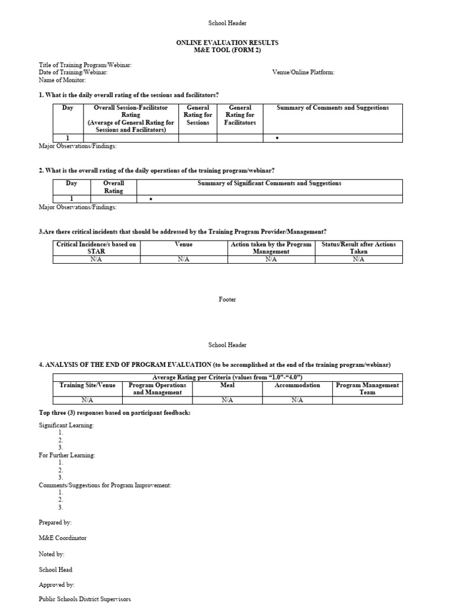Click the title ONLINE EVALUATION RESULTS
pyautogui.click(x=227, y=43)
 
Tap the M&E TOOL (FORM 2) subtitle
pyautogui.click(x=227, y=50)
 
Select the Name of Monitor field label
pyautogui.click(x=62, y=80)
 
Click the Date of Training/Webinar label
pyautogui.click(x=73, y=72)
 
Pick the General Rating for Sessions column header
pyautogui.click(x=198, y=115)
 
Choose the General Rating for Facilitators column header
pyautogui.click(x=240, y=115)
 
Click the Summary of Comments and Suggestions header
pyautogui.click(x=332, y=108)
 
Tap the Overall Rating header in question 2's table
pyautogui.click(x=113, y=187)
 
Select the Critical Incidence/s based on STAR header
pyautogui.click(x=96, y=248)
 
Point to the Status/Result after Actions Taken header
pyautogui.click(x=358, y=248)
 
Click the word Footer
pyautogui.click(x=227, y=299)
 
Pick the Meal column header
pyautogui.click(x=227, y=385)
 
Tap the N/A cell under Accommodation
pyautogui.click(x=297, y=400)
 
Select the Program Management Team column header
pyautogui.click(x=367, y=389)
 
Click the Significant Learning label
pyautogui.click(x=66, y=426)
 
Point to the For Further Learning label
pyautogui.click(x=67, y=455)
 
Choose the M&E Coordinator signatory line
pyautogui.click(x=63, y=538)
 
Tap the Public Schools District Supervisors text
pyautogui.click(x=85, y=599)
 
